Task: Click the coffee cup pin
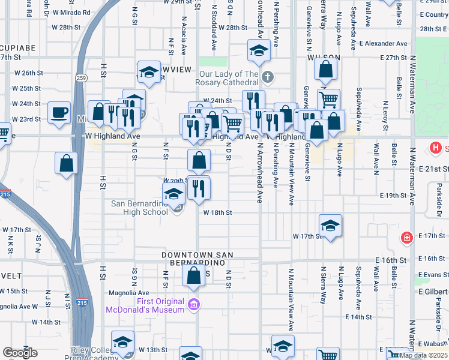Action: [59, 113]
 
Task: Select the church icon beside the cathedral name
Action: [268, 77]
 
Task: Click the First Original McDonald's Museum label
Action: [145, 305]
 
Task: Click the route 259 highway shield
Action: [80, 78]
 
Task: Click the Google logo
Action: [20, 352]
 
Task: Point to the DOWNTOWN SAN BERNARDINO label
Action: [194, 259]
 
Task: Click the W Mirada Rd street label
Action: [69, 12]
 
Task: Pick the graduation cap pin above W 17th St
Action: [330, 226]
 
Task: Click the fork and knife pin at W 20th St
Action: [199, 188]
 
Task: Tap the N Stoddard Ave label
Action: [213, 37]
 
